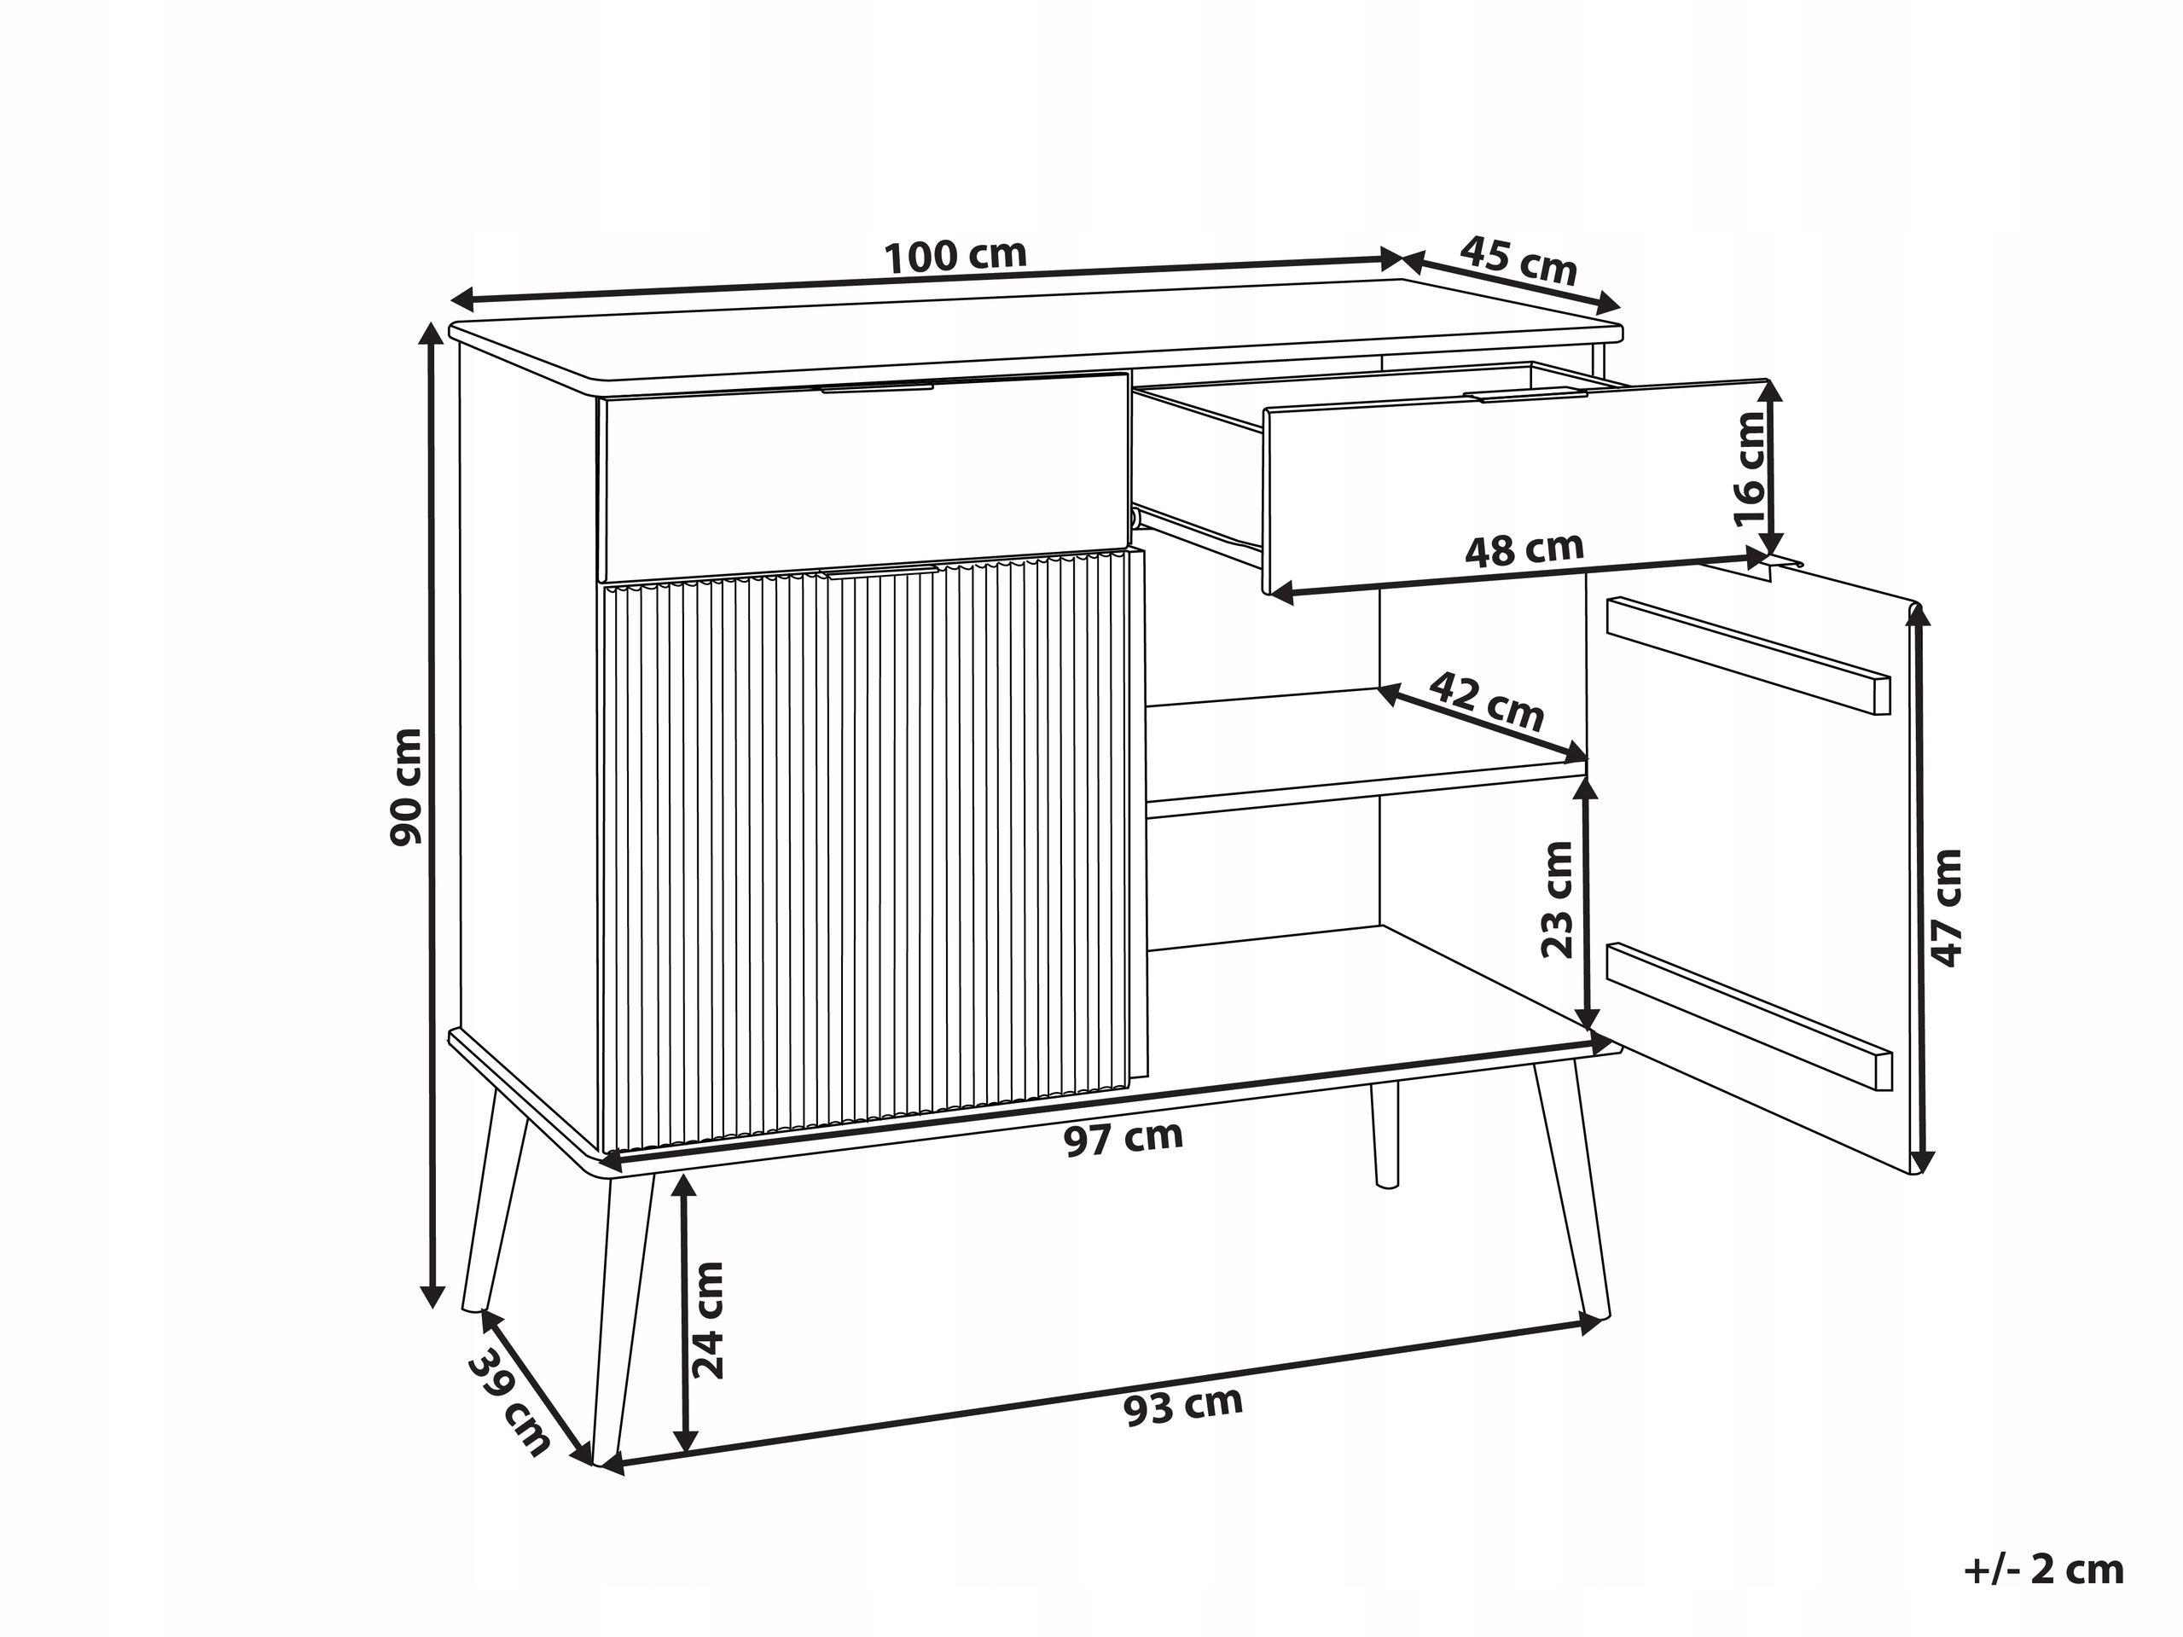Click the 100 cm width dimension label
(955, 256)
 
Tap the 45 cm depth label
(1518, 260)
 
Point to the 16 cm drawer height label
(1749, 468)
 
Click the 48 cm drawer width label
(1524, 549)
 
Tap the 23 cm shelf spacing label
(1559, 899)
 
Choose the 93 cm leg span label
(1183, 1406)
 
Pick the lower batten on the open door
(1750, 1016)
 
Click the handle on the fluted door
(880, 572)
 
